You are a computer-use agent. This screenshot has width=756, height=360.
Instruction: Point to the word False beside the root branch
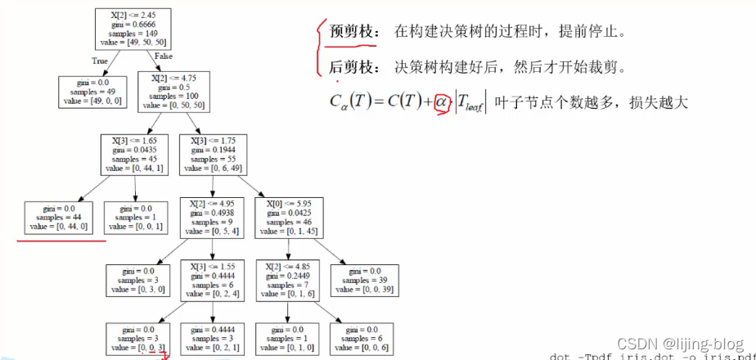(x=162, y=55)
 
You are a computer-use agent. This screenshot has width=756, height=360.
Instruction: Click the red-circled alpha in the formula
(x=442, y=102)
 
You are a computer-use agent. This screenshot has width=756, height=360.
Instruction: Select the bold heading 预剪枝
(x=353, y=32)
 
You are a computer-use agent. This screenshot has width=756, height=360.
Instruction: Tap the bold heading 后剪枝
(x=353, y=68)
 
